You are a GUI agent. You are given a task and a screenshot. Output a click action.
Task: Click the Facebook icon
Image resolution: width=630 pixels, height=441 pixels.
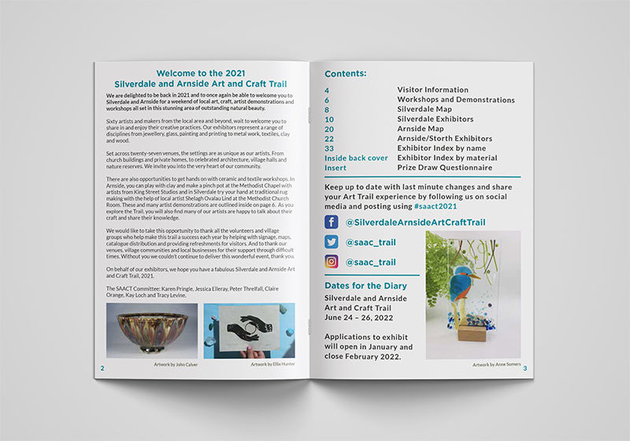(x=332, y=222)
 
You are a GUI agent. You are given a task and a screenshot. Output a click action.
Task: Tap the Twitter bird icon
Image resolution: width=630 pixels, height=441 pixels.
(x=332, y=242)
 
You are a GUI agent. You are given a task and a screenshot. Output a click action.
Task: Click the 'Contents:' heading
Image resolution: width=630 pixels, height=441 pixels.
(x=345, y=74)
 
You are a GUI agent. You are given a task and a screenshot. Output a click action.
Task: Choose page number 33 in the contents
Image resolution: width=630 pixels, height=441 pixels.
(x=329, y=148)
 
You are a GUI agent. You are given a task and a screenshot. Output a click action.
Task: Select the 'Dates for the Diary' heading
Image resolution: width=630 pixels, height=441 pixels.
(x=369, y=285)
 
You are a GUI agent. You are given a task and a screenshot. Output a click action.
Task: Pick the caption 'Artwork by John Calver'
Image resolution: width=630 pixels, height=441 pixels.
(x=177, y=365)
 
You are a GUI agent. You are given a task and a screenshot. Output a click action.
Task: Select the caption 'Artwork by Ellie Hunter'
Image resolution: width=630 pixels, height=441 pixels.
(x=272, y=365)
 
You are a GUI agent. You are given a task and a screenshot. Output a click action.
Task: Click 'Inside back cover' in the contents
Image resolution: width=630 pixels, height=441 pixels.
(x=356, y=157)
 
